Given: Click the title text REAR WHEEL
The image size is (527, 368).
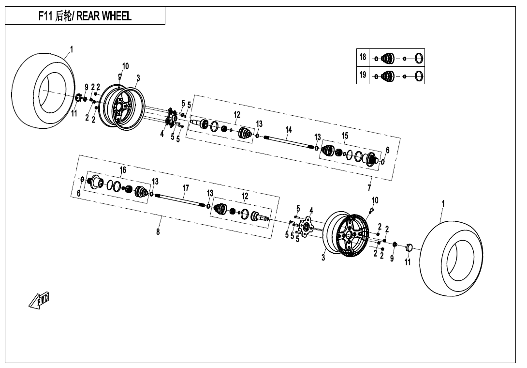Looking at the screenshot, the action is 104,16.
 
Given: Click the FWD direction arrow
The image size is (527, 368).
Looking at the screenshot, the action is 39,300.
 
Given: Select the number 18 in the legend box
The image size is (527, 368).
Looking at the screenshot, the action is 363,57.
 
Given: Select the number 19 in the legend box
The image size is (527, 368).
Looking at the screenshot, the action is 363,75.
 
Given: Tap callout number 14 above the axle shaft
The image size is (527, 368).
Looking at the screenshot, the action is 288,130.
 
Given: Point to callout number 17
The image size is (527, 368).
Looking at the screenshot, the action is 186,188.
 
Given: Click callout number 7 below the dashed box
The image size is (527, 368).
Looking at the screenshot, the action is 369,187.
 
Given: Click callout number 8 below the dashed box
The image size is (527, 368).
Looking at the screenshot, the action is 158,231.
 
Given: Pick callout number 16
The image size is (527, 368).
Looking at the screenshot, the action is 123,169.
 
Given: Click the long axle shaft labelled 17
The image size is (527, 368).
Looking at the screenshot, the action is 180,200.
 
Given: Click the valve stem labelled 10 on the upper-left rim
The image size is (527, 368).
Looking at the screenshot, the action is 119,76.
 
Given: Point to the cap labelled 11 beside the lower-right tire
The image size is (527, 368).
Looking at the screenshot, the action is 409,247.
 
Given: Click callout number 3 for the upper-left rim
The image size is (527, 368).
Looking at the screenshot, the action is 138,78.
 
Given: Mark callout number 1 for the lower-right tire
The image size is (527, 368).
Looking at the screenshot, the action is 443,204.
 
